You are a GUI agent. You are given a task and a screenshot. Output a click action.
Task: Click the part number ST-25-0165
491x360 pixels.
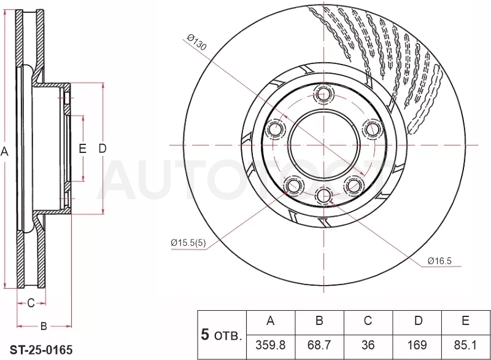coord(41,350)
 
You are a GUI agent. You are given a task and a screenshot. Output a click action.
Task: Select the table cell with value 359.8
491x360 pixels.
coord(271,345)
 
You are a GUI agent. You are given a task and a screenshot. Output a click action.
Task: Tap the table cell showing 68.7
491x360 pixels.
coord(319,345)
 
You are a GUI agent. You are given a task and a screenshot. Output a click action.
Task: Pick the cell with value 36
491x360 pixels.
coord(368,345)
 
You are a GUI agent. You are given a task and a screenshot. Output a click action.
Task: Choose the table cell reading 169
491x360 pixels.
coord(417,345)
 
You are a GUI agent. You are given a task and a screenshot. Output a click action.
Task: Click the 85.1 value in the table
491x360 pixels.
coord(465,345)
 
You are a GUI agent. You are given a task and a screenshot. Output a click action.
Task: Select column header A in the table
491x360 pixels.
coord(271,321)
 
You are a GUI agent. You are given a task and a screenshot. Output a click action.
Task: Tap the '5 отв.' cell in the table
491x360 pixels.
coord(222,335)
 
